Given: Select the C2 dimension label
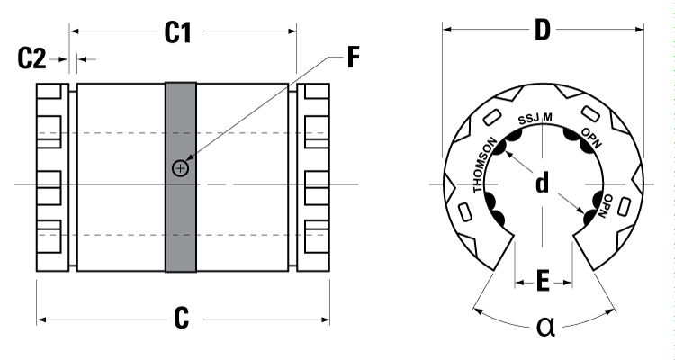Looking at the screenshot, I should tap(31, 60).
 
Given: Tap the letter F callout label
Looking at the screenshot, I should tap(354, 60).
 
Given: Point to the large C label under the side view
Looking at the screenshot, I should tap(181, 318).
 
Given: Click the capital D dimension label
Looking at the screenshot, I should tap(542, 31).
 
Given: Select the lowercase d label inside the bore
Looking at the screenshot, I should tap(542, 184).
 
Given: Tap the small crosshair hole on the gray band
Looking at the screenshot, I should tap(181, 168).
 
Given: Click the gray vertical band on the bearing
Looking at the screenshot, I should tap(181, 225).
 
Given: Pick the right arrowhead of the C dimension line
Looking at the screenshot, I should tap(325, 319).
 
